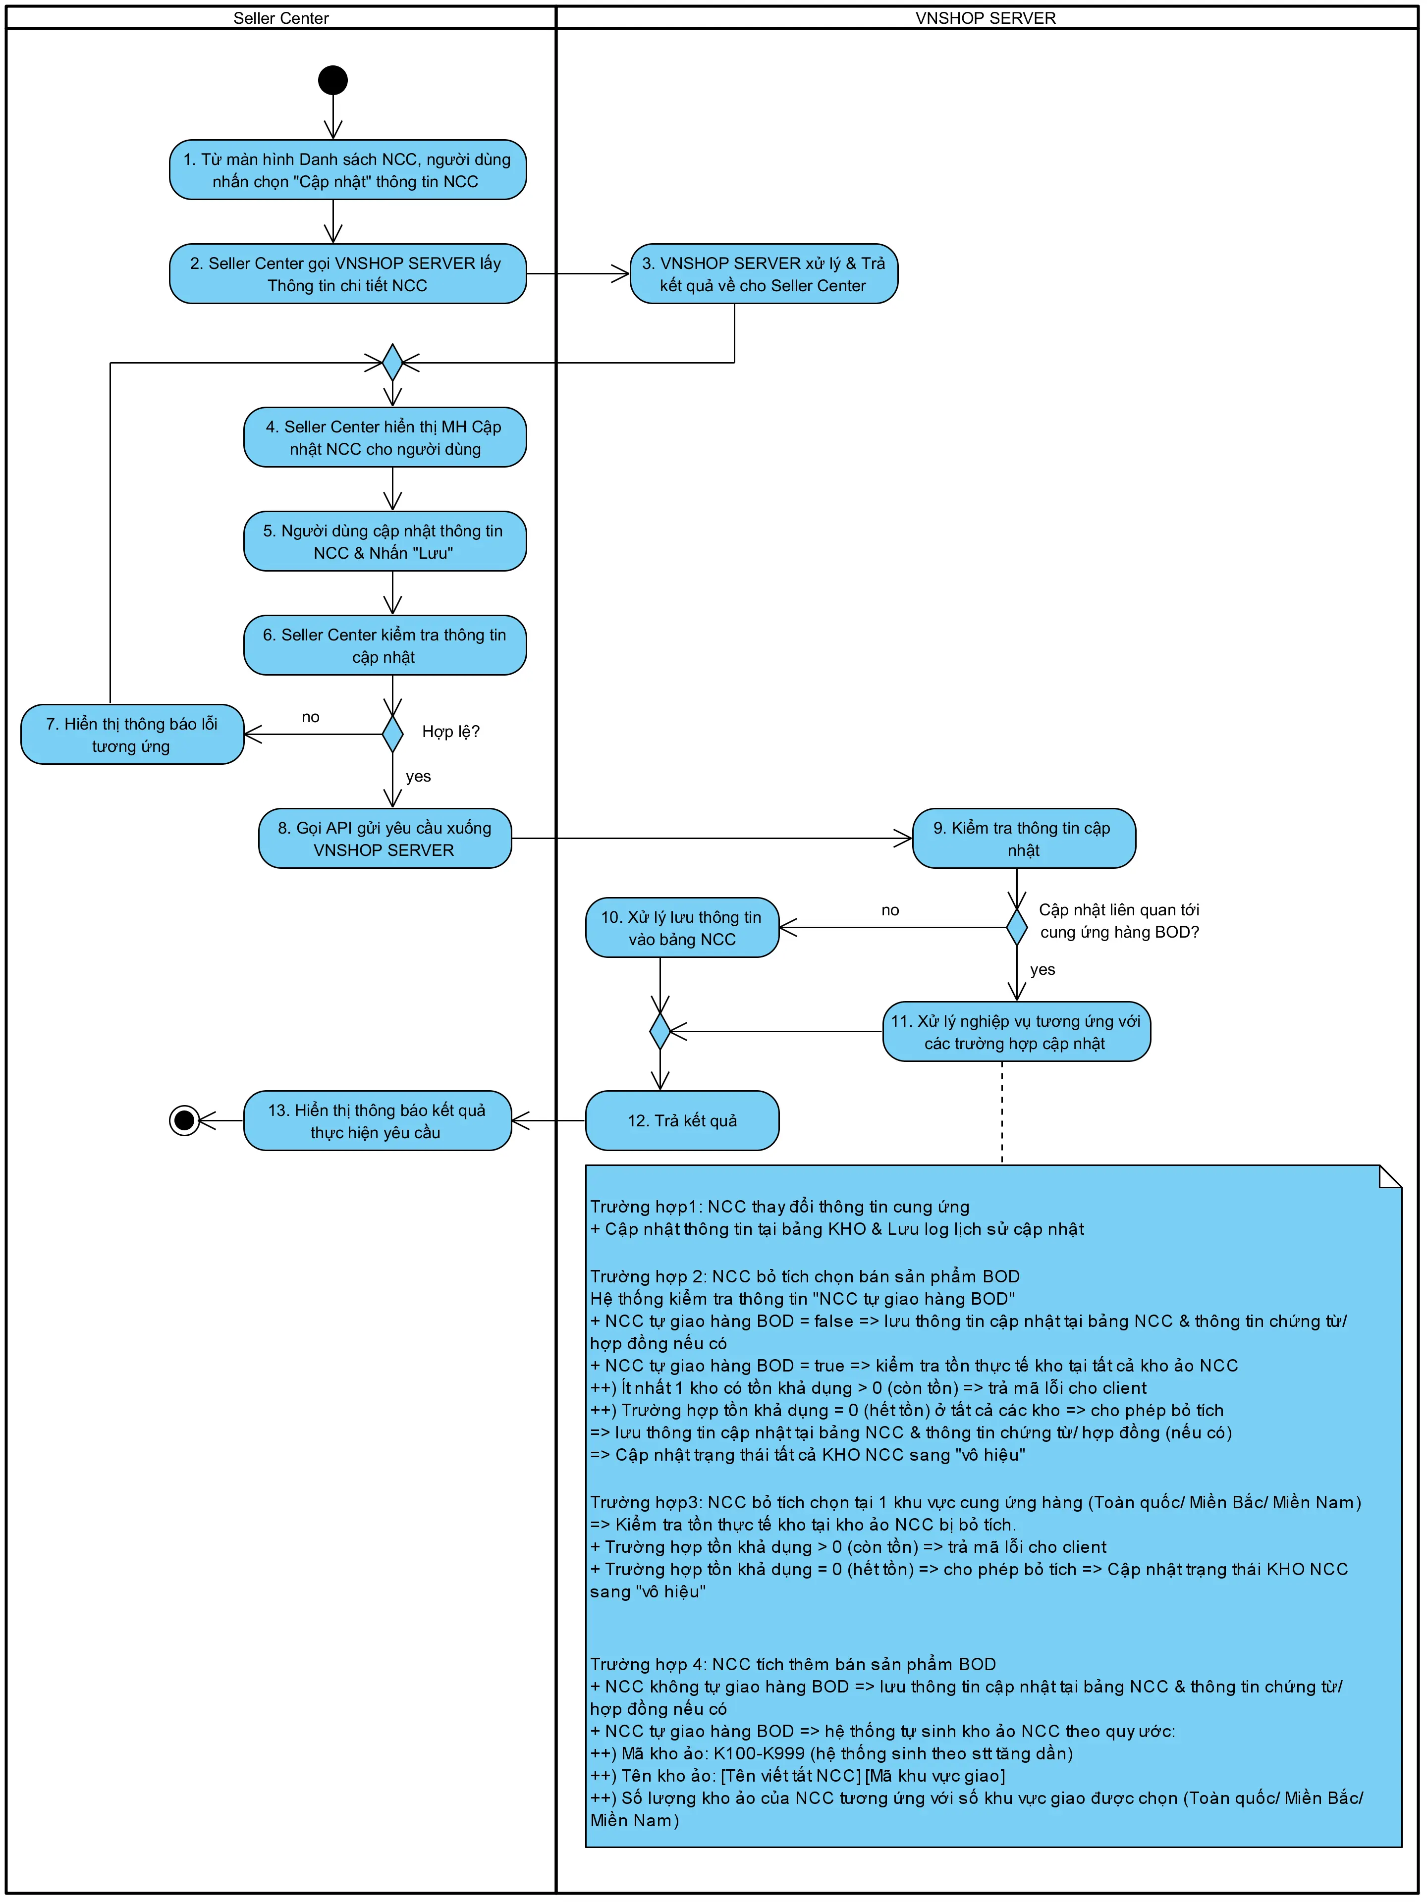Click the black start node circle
coord(333,80)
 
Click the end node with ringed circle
coord(184,1120)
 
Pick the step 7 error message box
coord(132,735)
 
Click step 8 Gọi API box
coord(384,839)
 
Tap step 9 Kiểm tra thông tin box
coord(1024,839)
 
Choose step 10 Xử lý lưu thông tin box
coord(682,928)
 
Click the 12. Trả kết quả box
coord(682,1120)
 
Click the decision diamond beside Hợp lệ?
coord(392,735)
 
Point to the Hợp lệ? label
coord(451,732)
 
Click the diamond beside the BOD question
coord(1017,928)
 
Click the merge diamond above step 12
coord(660,1031)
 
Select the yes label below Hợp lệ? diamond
coord(418,777)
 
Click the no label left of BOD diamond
coord(890,910)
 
